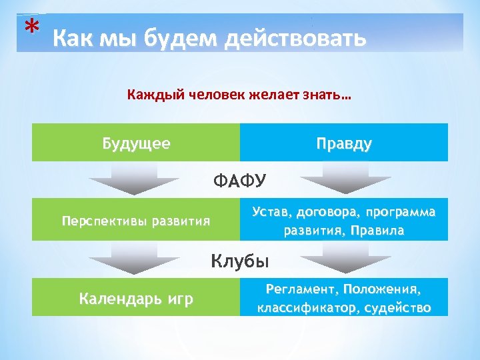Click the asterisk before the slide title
click(x=29, y=28)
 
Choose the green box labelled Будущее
click(x=136, y=143)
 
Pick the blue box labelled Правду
click(x=344, y=143)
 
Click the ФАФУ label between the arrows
click(x=239, y=180)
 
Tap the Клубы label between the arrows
click(x=239, y=260)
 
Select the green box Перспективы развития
click(x=136, y=220)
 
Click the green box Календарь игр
click(x=136, y=298)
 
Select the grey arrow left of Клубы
click(x=133, y=258)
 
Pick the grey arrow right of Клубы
click(x=345, y=258)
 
